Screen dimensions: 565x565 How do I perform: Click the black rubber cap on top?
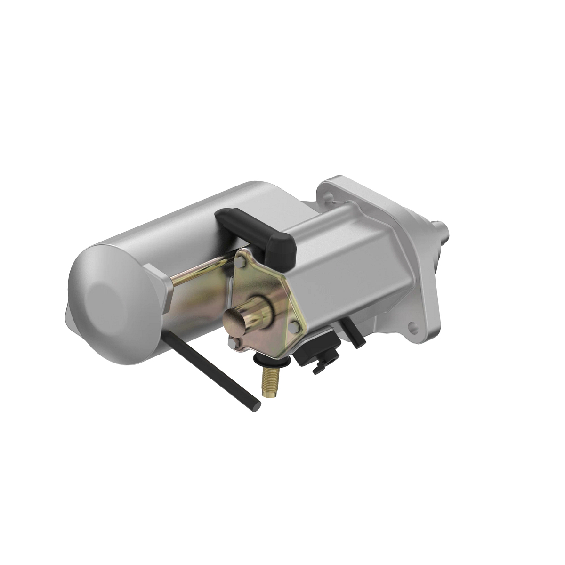[x=257, y=231]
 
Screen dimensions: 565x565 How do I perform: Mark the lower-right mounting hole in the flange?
[x=414, y=324]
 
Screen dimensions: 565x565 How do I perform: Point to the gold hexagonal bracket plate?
[x=264, y=292]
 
